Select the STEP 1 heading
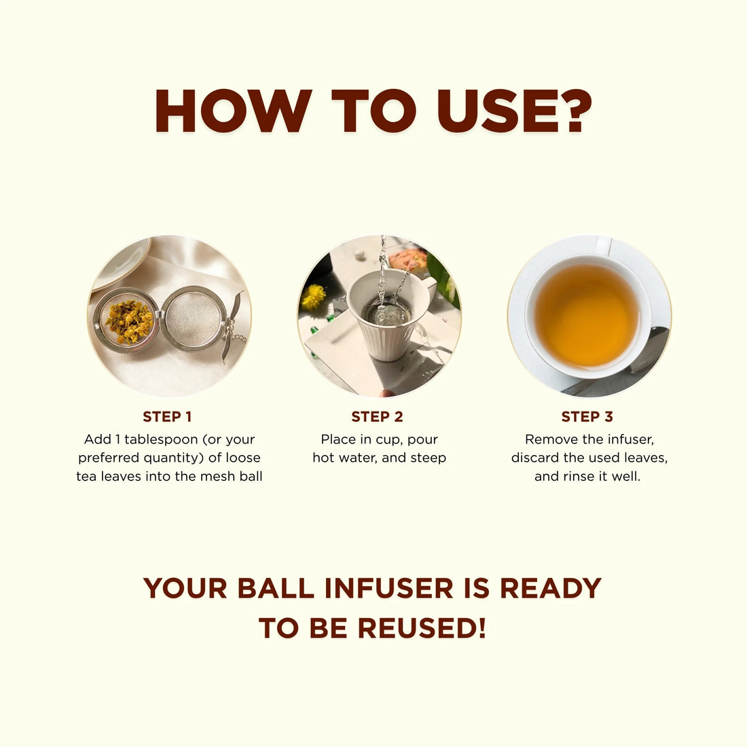click(x=167, y=417)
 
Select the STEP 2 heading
click(x=377, y=417)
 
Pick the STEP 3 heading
click(x=587, y=417)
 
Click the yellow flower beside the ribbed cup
click(x=314, y=297)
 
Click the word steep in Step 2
click(x=428, y=458)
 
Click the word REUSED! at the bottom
click(x=422, y=628)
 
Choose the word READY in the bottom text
click(x=551, y=588)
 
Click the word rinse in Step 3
click(x=577, y=476)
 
